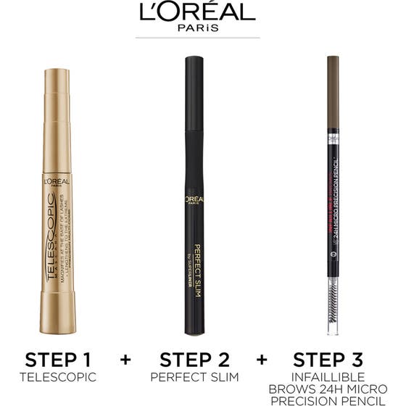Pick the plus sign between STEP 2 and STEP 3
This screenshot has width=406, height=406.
point(262,360)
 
